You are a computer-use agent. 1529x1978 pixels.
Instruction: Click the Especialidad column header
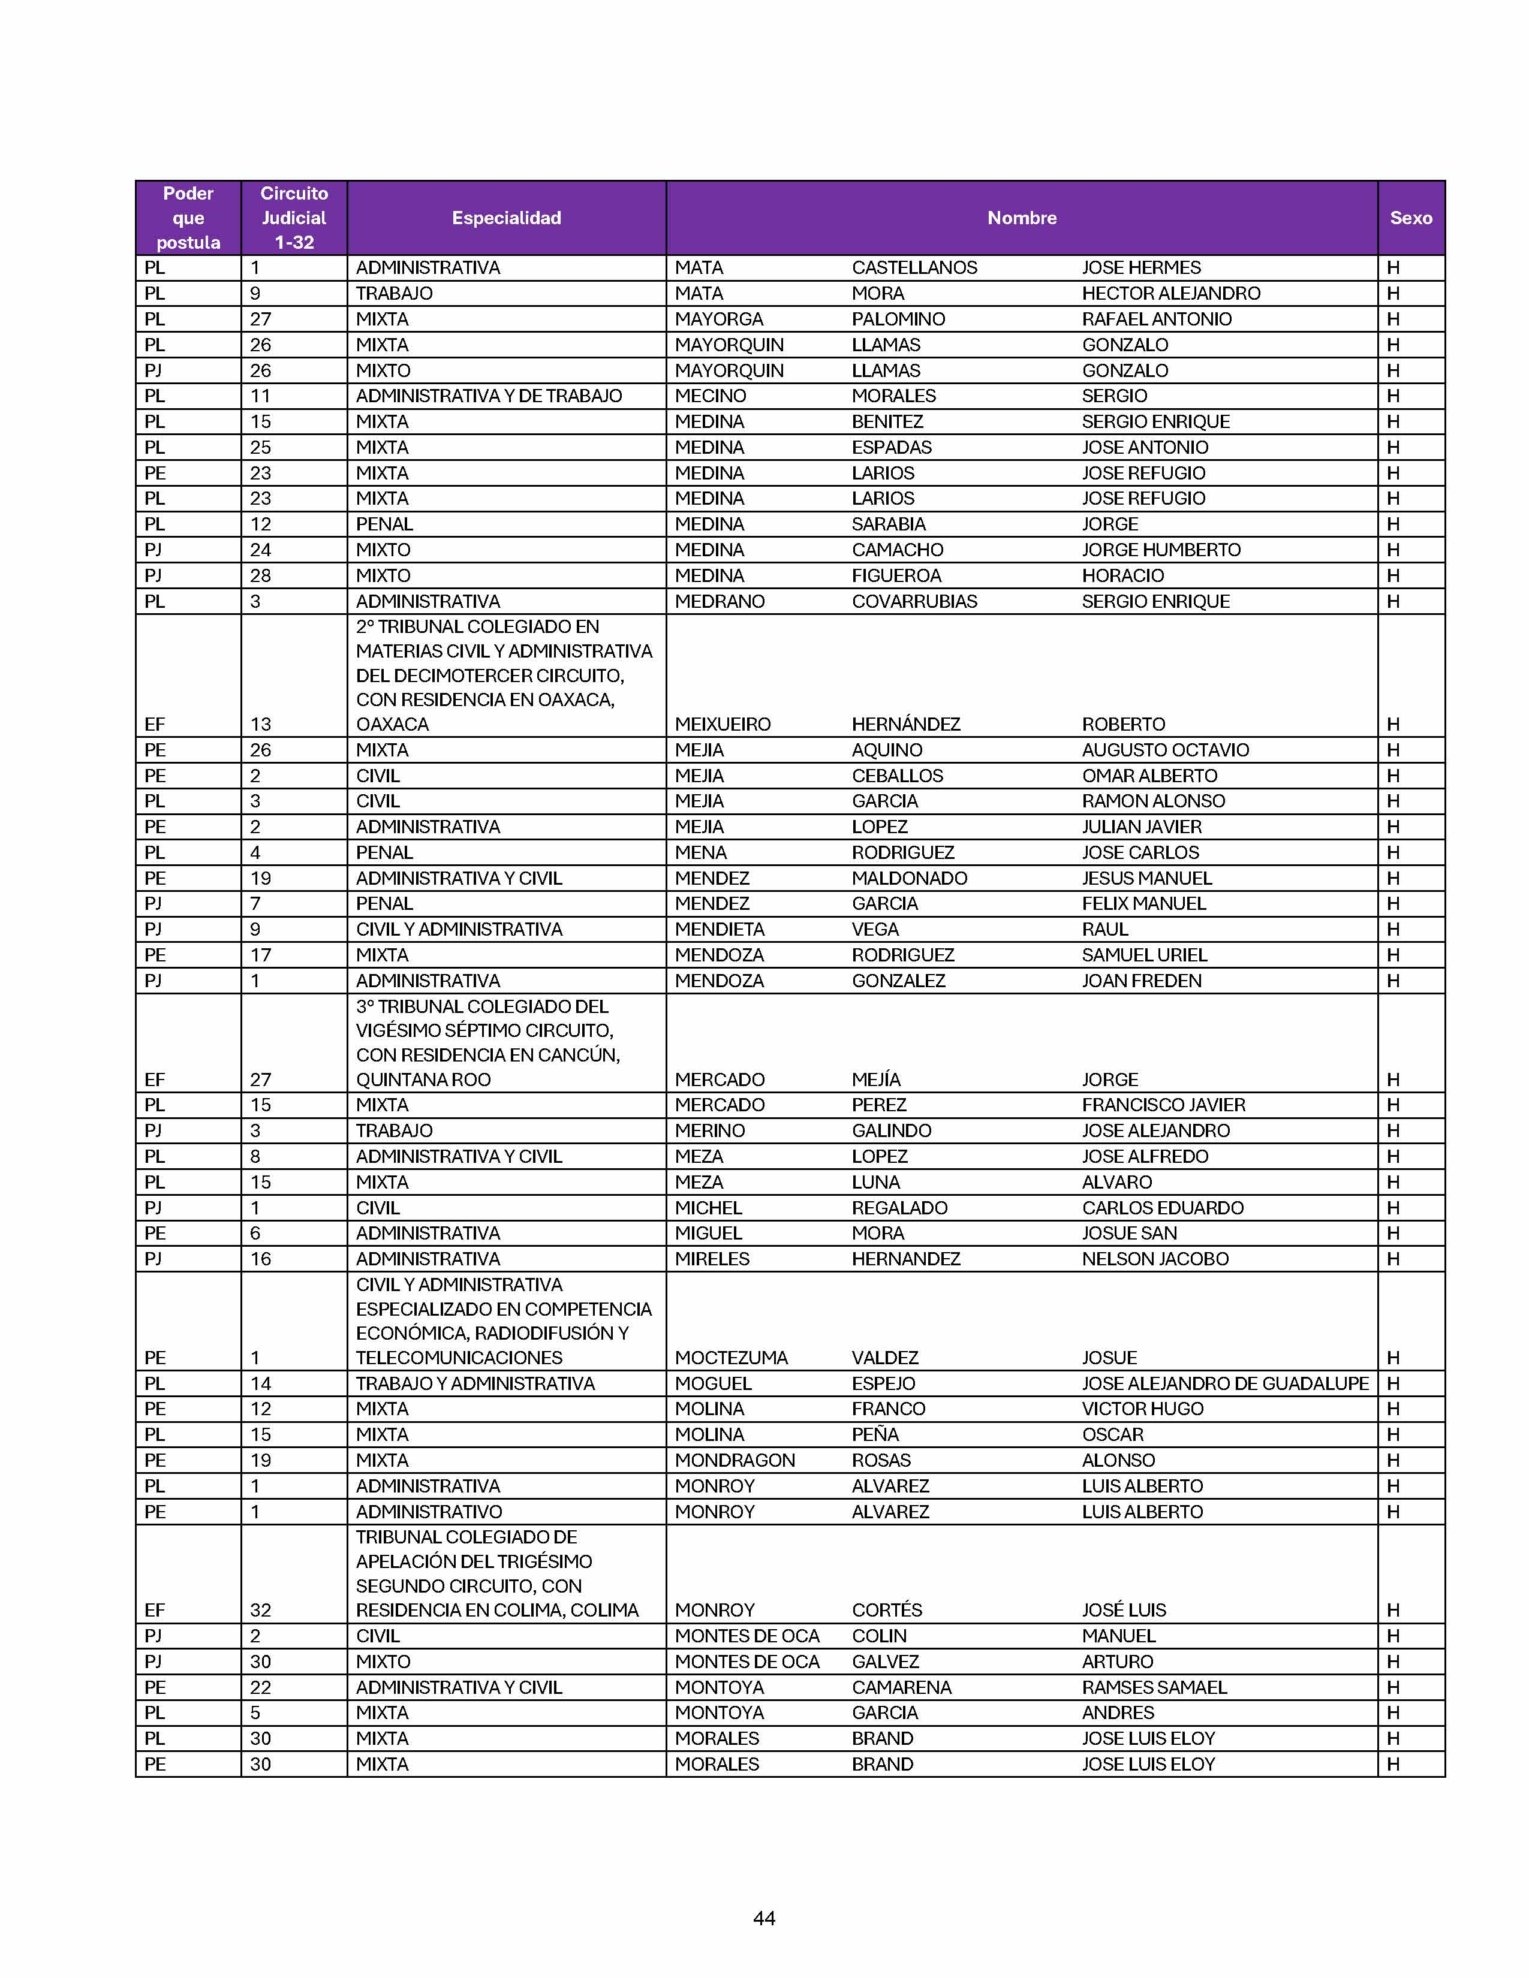tap(506, 218)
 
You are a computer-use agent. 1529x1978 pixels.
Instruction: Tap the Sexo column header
tap(1410, 218)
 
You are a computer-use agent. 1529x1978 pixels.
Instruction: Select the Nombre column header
tap(1022, 218)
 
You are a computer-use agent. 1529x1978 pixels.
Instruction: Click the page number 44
tap(763, 1917)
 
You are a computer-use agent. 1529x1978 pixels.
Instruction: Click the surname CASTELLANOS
tap(914, 268)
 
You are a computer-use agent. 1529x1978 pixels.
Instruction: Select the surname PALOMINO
tap(898, 319)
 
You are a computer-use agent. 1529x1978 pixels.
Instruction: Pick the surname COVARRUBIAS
tap(914, 601)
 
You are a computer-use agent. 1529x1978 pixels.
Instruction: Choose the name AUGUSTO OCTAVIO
tap(1165, 750)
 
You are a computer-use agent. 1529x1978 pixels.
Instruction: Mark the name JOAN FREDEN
tap(1141, 981)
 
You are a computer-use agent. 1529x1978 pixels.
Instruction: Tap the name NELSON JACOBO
tap(1155, 1259)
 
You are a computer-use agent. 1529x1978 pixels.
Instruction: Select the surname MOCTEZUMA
tap(731, 1358)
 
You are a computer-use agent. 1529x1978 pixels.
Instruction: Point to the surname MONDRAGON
tap(735, 1460)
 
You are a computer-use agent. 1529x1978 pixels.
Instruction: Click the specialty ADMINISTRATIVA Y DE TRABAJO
tap(488, 396)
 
